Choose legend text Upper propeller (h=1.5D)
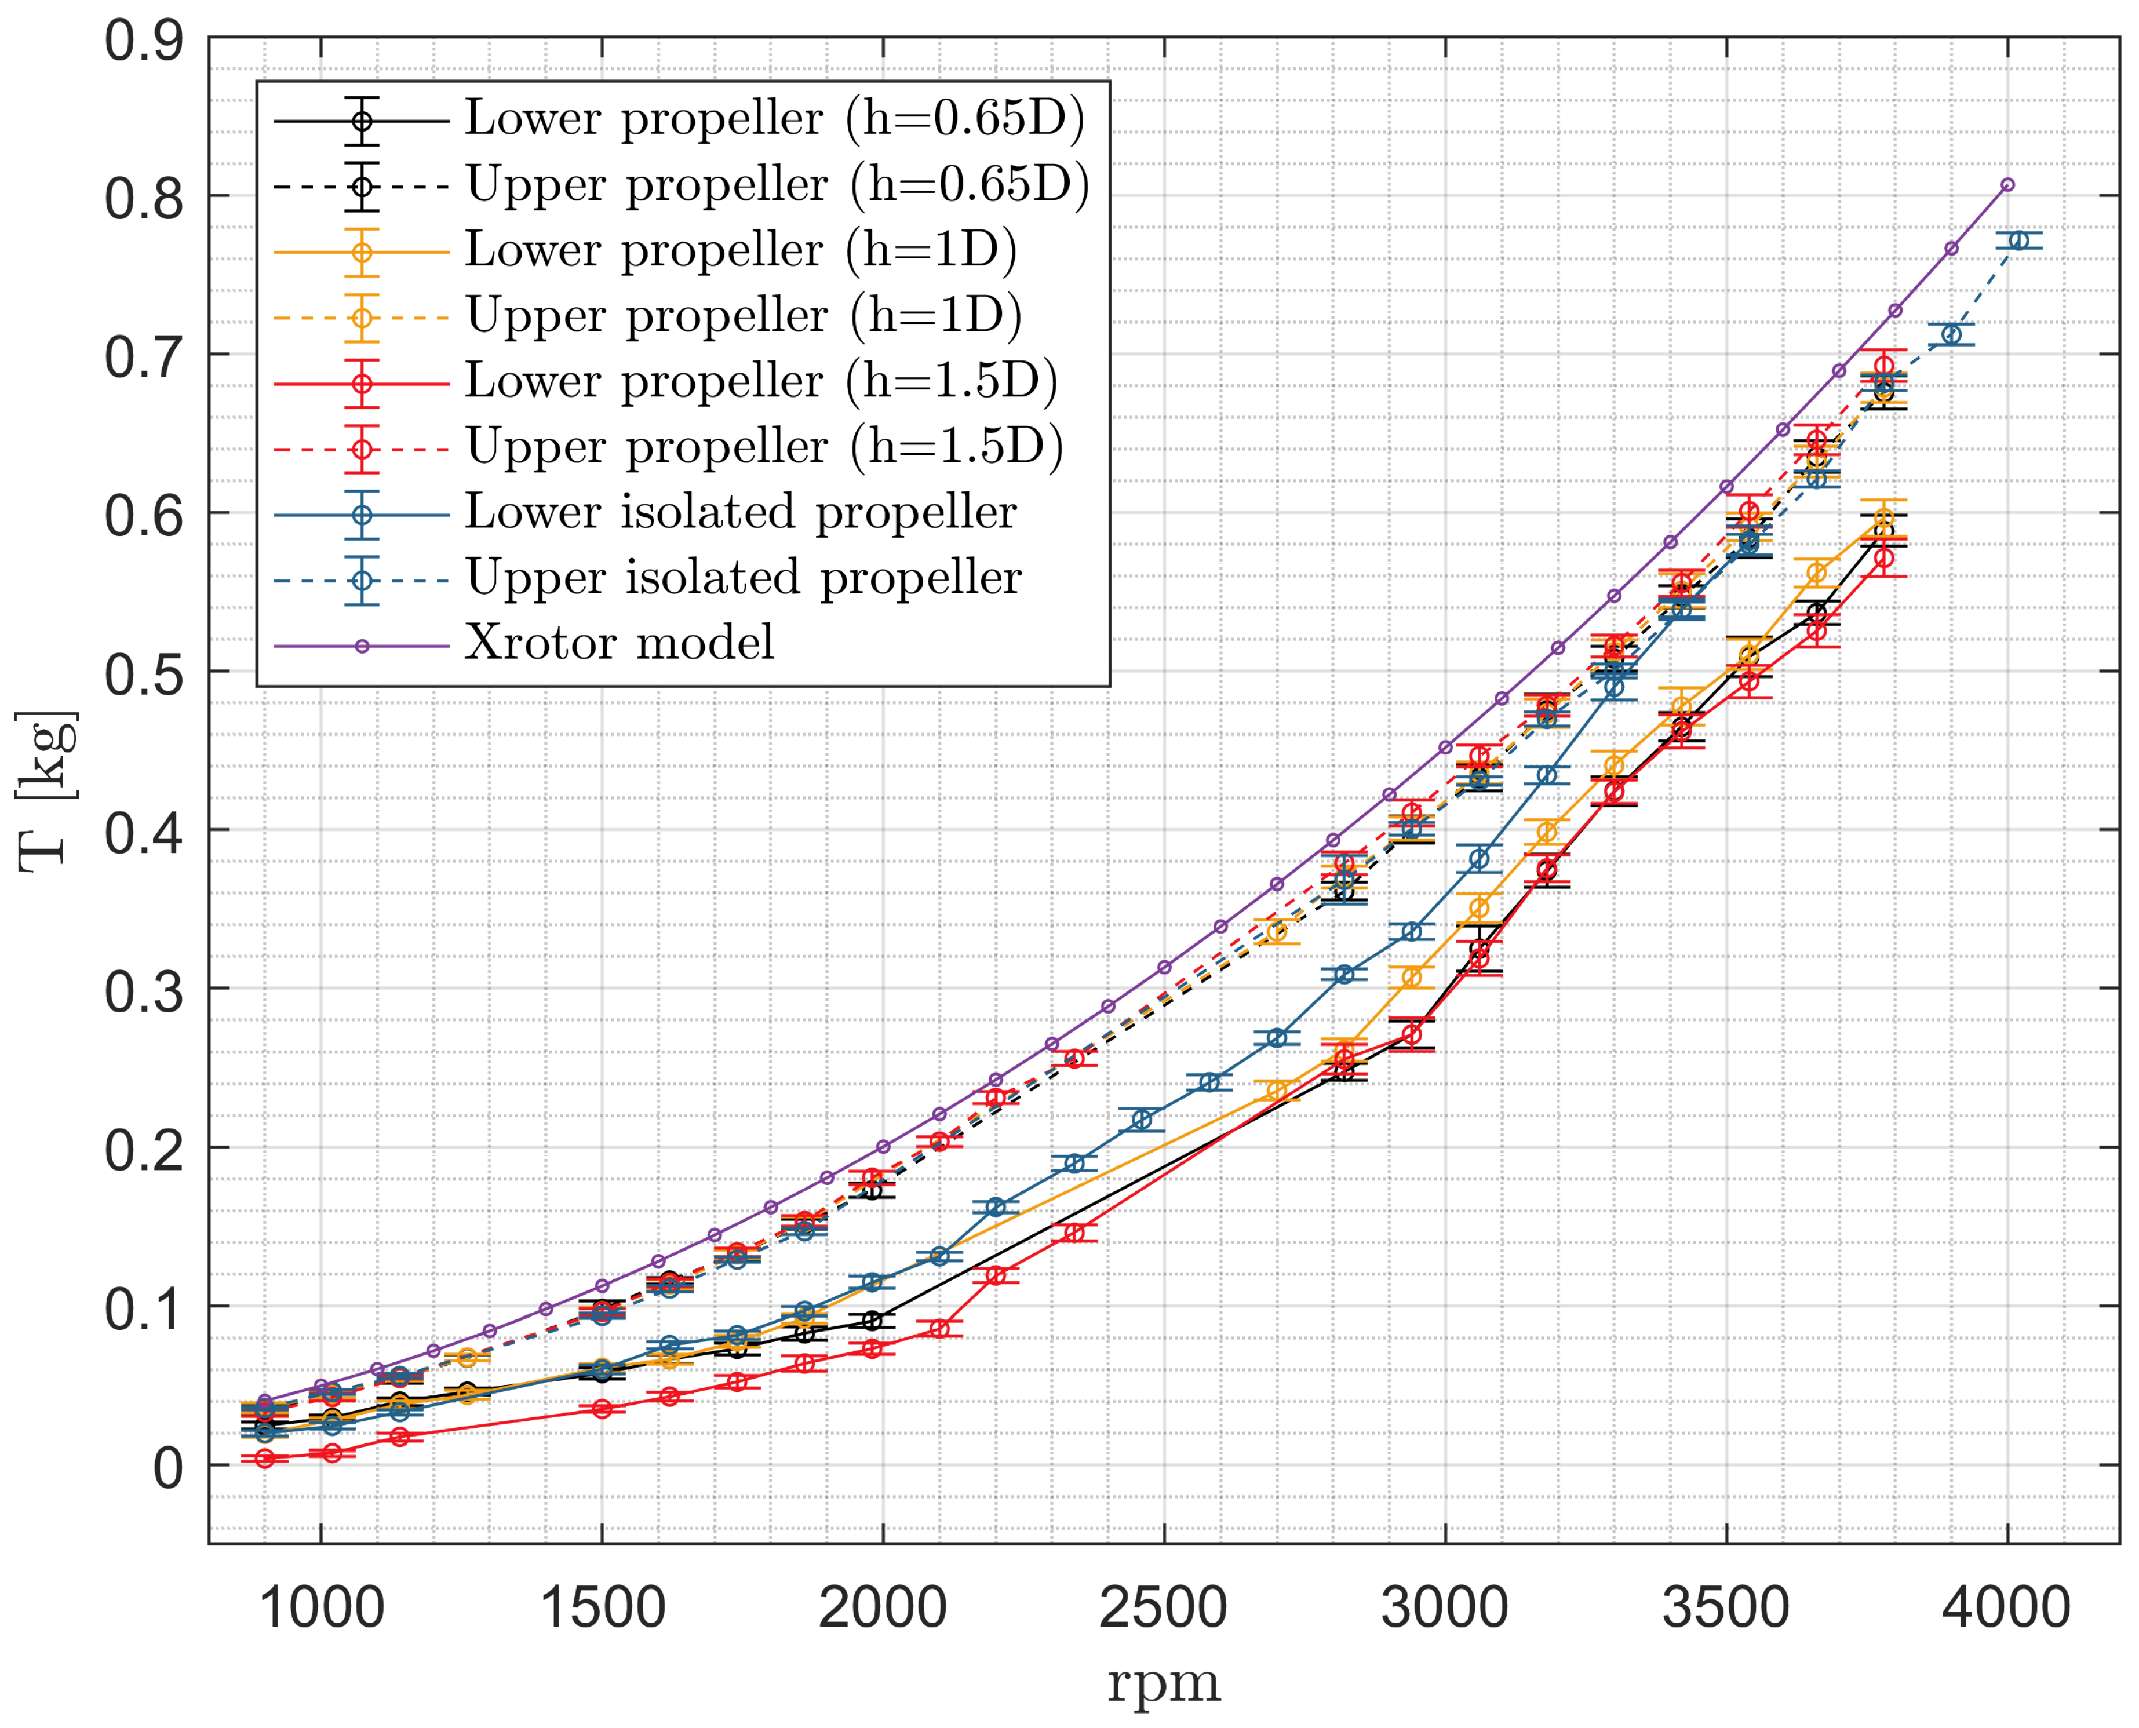[x=763, y=447]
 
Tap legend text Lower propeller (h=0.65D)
[x=774, y=118]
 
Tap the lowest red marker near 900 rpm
[x=265, y=1458]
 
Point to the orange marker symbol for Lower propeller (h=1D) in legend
[x=362, y=252]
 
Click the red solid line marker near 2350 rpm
[x=1074, y=1233]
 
